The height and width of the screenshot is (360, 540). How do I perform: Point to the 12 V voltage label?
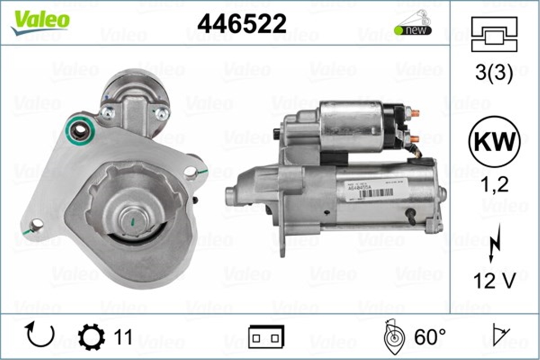(x=494, y=282)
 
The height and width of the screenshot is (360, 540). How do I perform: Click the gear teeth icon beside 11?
(x=91, y=337)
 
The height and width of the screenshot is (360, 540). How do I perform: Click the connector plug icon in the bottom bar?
(x=266, y=337)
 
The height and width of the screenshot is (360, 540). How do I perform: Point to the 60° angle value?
(x=430, y=337)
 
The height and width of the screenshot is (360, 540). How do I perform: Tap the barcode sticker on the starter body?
(x=376, y=193)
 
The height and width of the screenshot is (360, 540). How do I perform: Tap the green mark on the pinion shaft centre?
(x=133, y=221)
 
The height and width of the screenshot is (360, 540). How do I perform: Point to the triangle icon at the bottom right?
(x=499, y=335)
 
